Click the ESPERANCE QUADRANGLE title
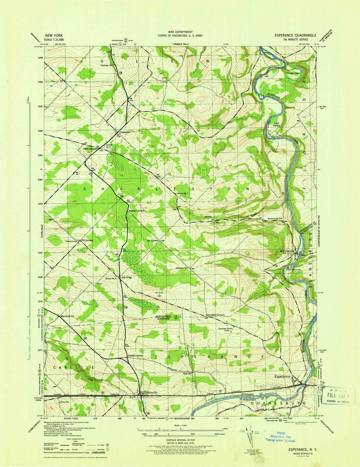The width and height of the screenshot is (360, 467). [x=295, y=35]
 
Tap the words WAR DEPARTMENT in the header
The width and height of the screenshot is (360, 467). [x=180, y=32]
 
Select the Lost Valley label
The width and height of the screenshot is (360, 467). [x=276, y=124]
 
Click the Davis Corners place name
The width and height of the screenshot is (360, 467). [x=90, y=149]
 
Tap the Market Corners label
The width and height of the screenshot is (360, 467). [x=136, y=211]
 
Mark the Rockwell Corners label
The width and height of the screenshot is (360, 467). [x=215, y=315]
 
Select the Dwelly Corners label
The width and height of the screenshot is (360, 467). [x=135, y=356]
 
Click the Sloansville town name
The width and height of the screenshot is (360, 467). [x=150, y=393]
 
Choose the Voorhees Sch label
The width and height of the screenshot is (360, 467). [x=107, y=65]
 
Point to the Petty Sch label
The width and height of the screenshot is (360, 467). [x=188, y=373]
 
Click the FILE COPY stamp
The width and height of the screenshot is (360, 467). [x=338, y=396]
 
